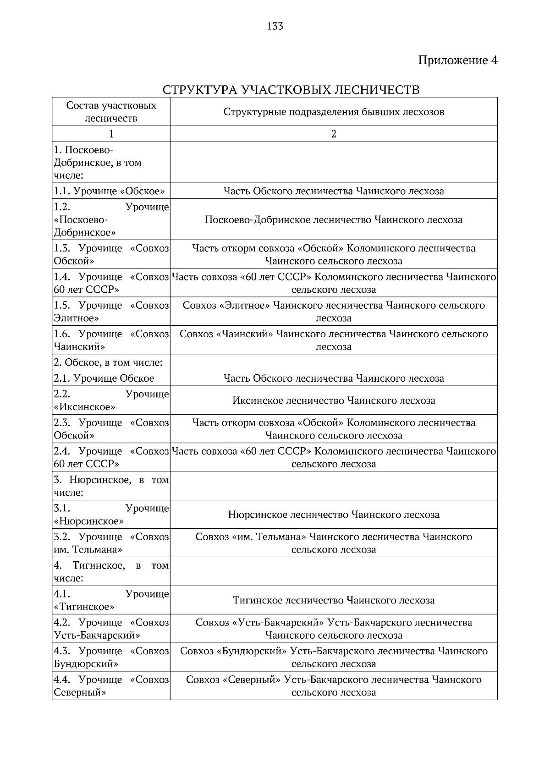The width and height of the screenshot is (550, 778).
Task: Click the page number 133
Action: tap(275, 26)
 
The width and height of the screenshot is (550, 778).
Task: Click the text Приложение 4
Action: tap(457, 60)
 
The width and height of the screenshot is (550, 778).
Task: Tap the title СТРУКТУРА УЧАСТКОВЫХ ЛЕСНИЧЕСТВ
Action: tap(291, 89)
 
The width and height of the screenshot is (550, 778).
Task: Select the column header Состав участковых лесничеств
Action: tap(111, 112)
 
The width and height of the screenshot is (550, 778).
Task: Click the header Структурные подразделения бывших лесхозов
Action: tap(333, 112)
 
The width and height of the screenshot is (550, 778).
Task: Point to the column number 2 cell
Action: tap(333, 134)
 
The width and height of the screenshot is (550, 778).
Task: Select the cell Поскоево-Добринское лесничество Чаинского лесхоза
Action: tap(333, 219)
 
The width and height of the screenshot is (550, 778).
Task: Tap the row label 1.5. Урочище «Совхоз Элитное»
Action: tap(111, 312)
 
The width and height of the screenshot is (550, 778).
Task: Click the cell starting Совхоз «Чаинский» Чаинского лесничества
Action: tap(333, 340)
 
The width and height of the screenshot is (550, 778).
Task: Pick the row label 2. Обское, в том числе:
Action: tap(108, 362)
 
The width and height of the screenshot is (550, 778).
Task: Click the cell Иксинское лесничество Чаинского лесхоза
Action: tap(333, 400)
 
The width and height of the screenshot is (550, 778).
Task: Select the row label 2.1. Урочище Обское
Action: tap(104, 378)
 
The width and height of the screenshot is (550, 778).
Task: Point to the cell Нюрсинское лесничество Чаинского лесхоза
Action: tap(333, 515)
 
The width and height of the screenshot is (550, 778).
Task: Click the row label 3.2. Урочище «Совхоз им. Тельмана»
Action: tap(111, 543)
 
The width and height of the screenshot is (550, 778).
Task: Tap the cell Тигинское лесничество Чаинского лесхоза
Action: tap(333, 600)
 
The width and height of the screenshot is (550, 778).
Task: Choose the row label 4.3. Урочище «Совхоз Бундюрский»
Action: tap(111, 657)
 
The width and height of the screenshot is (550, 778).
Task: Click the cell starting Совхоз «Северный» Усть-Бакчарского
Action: tap(333, 685)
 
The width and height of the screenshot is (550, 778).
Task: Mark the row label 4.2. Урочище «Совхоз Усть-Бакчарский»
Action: tap(111, 629)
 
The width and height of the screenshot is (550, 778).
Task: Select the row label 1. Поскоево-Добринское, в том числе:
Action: tap(98, 163)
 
